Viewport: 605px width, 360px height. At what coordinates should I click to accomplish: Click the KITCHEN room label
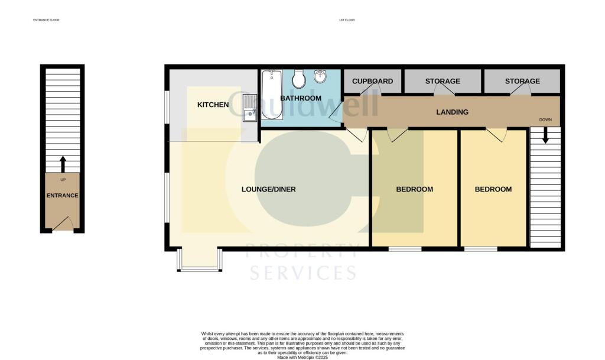(213, 105)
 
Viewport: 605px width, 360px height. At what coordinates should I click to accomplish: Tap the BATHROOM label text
(301, 98)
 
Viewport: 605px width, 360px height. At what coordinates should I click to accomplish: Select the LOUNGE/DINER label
(268, 190)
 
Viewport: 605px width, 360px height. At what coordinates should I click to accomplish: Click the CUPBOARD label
(372, 81)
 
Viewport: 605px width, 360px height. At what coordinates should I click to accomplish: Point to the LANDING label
(452, 112)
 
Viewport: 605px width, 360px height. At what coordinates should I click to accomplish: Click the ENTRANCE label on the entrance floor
(63, 196)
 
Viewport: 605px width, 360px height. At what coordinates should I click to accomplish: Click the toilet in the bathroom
(299, 78)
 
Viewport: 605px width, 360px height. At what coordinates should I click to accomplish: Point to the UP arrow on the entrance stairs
(63, 164)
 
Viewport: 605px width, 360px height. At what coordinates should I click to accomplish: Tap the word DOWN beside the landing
(545, 120)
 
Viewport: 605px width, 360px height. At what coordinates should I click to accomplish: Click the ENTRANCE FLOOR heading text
(46, 20)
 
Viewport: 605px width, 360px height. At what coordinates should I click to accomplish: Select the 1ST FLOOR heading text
(346, 20)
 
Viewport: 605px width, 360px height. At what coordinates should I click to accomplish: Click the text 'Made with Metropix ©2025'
(302, 356)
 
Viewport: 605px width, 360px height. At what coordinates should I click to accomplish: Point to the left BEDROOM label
(414, 190)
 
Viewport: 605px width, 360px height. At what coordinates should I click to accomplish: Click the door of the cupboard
(373, 90)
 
